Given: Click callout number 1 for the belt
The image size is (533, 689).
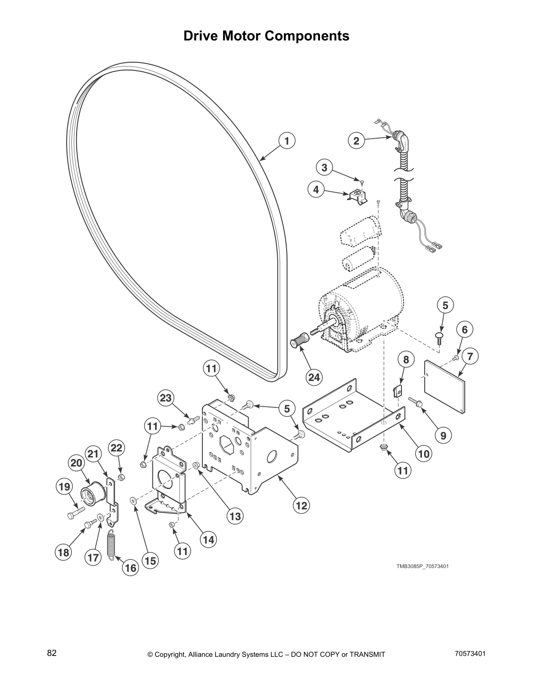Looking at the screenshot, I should click(287, 141).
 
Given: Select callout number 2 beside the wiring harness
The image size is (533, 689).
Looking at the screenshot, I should click(356, 141).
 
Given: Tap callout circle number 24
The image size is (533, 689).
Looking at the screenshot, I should click(314, 377).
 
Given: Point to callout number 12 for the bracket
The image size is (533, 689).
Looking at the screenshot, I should click(301, 505).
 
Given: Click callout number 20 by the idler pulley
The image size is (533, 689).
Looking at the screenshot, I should click(76, 464).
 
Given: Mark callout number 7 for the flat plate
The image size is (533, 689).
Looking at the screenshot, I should click(470, 355).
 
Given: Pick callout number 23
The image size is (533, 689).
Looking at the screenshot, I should click(166, 398).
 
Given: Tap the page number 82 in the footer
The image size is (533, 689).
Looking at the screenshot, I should click(52, 653).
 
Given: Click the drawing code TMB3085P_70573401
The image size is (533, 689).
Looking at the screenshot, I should click(422, 566).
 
